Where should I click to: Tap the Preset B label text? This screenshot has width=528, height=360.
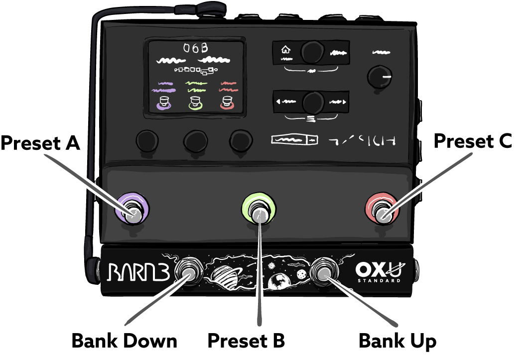tap(246, 341)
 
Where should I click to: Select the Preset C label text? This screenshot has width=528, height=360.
tap(473, 141)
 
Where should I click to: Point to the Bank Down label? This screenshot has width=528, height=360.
tap(125, 341)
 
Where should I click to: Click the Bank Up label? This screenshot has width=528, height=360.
tap(397, 341)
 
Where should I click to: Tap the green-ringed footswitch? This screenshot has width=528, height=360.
tap(259, 212)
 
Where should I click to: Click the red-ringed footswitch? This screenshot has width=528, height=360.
tap(384, 213)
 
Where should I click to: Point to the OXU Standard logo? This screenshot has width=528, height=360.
tap(379, 272)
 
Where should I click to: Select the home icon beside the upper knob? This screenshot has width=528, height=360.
tap(285, 49)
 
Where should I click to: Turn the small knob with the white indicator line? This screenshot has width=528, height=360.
tap(379, 77)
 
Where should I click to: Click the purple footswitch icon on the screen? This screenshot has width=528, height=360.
tap(163, 103)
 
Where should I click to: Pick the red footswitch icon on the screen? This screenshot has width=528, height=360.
tap(227, 103)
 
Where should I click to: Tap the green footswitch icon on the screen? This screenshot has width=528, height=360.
tap(195, 103)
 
